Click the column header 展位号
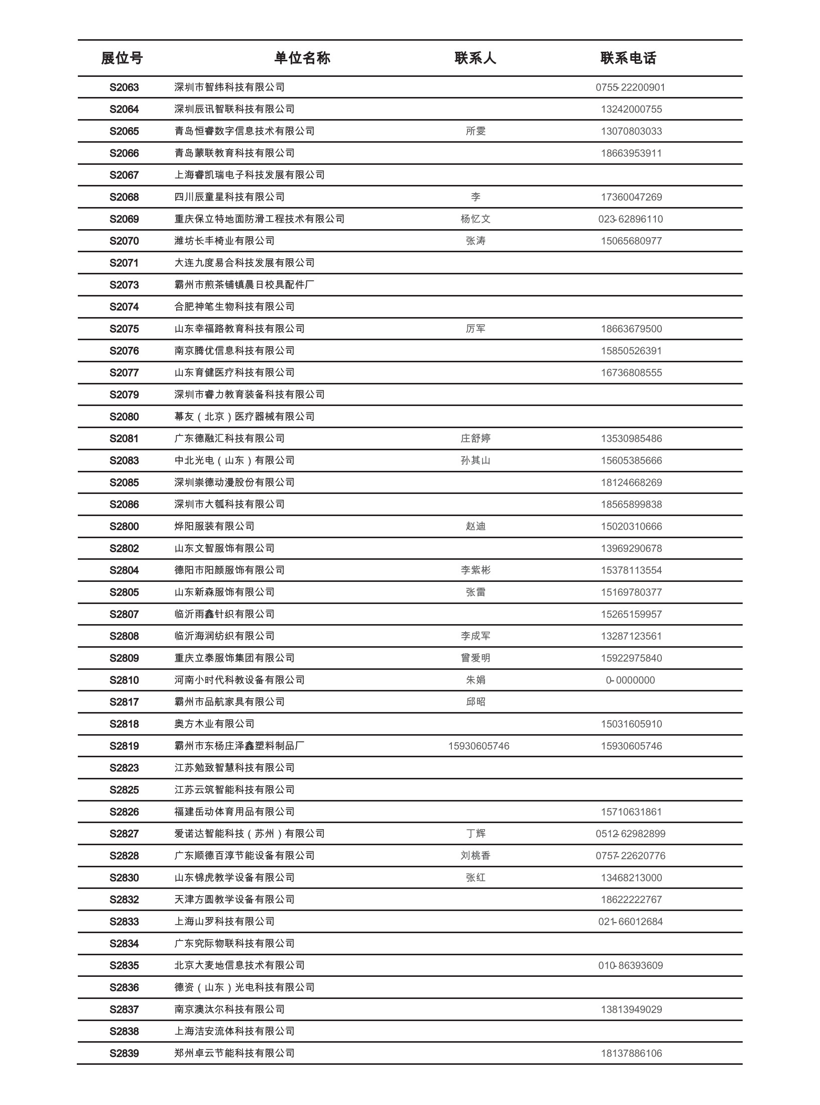coord(122,58)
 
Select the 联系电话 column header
coord(628,58)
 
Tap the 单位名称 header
coord(302,58)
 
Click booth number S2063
coord(124,87)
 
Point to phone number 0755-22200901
coord(631,87)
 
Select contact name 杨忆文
coord(475,219)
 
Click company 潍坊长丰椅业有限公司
coord(224,241)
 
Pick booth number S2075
coord(124,329)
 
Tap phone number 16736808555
coord(631,373)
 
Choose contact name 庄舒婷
coord(475,439)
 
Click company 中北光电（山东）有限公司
coord(235,460)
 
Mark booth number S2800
coord(124,527)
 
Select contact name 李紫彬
coord(475,570)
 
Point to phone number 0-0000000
coord(630,680)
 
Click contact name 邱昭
coord(475,702)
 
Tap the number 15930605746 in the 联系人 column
coord(479,746)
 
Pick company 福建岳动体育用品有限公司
coord(235,812)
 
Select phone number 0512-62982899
coord(631,834)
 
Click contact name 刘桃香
coord(475,856)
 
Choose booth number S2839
coord(124,1054)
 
